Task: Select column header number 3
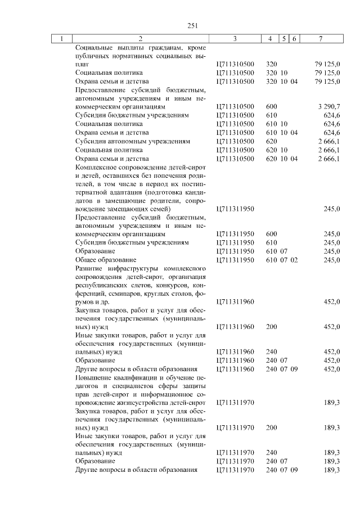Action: [x=235, y=38]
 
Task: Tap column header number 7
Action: [x=320, y=38]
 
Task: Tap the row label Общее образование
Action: [x=106, y=260]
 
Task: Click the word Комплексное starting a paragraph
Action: [x=97, y=168]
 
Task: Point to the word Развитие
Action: [x=89, y=269]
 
